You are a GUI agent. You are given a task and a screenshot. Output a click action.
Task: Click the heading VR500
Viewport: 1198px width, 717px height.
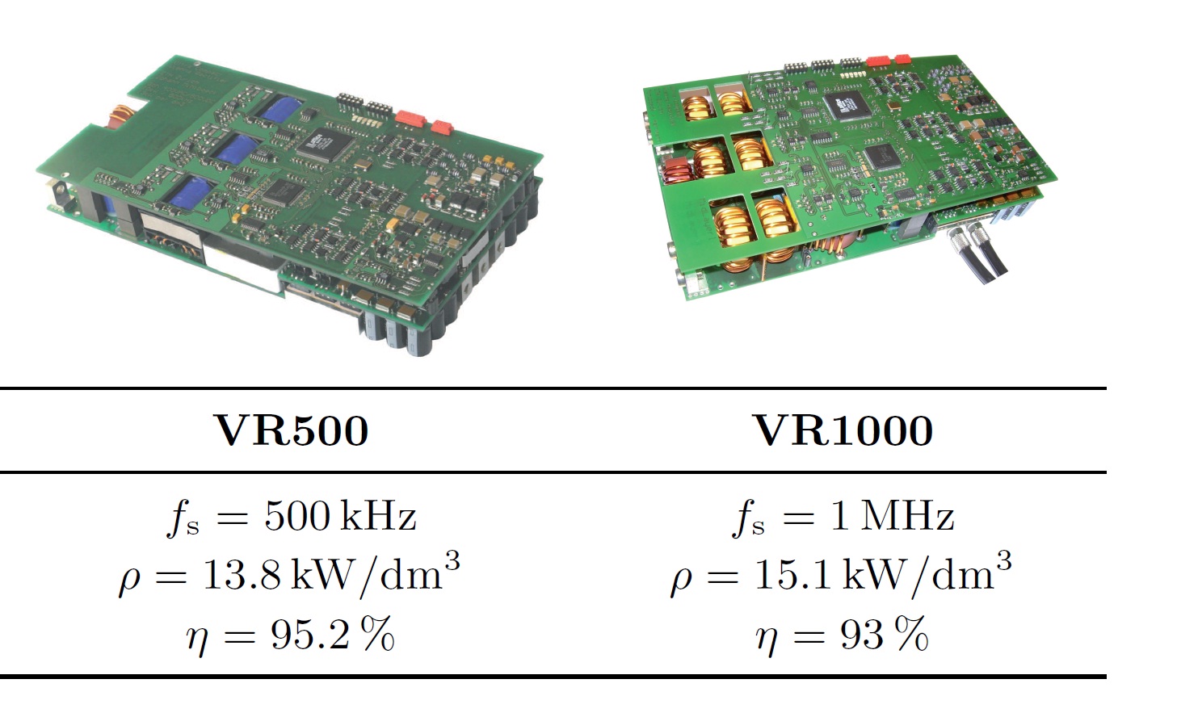coord(292,430)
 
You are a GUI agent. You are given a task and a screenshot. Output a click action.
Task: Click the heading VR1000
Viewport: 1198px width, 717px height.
coord(843,430)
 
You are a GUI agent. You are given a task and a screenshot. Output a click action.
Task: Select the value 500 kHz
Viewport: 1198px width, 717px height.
coord(340,516)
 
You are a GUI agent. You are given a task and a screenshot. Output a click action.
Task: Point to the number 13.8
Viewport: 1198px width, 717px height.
coord(241,575)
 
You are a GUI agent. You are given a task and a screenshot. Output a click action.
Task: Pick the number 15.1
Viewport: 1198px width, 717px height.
coord(793,575)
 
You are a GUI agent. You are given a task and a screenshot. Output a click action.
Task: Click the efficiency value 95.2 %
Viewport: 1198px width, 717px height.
coord(332,635)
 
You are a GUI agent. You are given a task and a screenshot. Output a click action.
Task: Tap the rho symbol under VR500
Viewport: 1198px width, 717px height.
coord(129,579)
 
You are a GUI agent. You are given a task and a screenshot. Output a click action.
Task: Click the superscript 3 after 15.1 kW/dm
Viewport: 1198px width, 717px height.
coord(1003,559)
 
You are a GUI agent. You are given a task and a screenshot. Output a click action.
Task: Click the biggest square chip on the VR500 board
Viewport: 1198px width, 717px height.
coord(320,142)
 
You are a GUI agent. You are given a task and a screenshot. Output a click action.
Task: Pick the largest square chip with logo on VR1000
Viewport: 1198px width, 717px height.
coord(846,104)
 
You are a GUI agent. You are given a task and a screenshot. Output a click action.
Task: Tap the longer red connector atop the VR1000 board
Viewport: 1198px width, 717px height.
coord(877,60)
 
